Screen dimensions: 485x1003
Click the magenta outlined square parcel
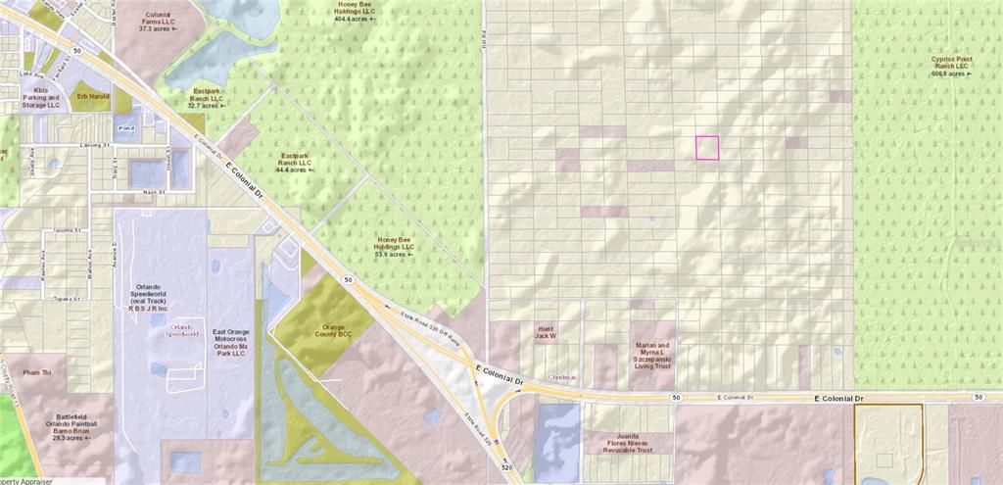pyautogui.click(x=707, y=148)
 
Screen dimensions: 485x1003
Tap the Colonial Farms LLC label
pyautogui.click(x=158, y=22)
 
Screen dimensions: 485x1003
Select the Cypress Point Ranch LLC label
pyautogui.click(x=952, y=66)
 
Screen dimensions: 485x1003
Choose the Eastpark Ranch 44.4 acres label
pyautogui.click(x=295, y=163)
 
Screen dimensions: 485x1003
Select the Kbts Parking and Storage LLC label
pyautogui.click(x=40, y=98)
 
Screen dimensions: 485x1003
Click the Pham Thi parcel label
pyautogui.click(x=37, y=373)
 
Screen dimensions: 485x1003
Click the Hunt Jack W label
pyautogui.click(x=547, y=332)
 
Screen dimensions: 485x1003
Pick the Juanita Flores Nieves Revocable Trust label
pyautogui.click(x=627, y=442)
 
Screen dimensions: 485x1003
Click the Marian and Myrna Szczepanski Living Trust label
pyautogui.click(x=651, y=356)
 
